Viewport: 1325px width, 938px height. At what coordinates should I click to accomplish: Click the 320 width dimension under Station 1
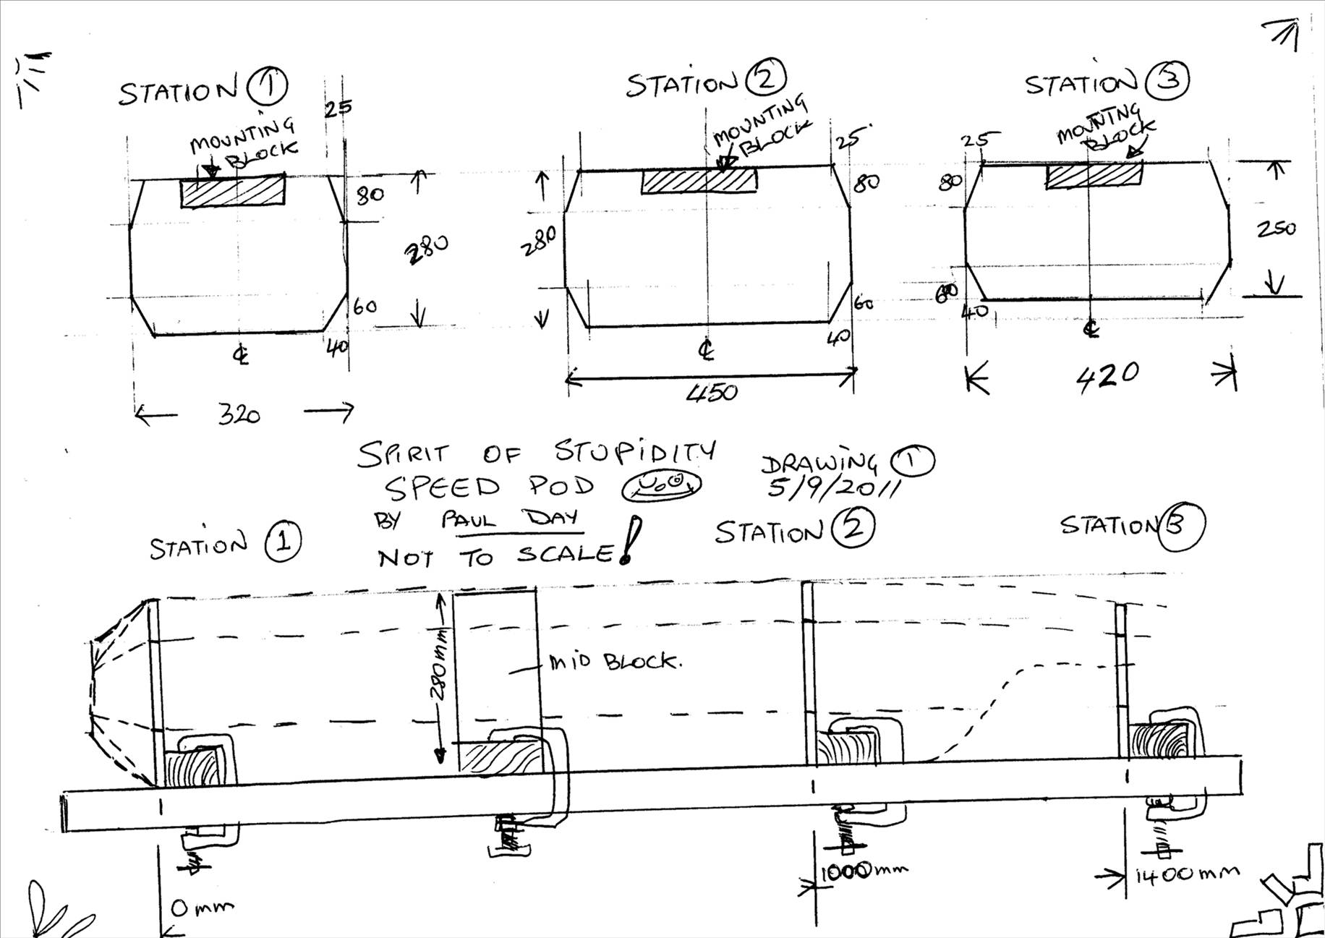(x=239, y=415)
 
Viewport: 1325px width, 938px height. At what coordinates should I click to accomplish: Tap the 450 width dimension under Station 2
(x=712, y=393)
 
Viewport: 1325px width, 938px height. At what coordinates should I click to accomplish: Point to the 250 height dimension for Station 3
(x=1276, y=229)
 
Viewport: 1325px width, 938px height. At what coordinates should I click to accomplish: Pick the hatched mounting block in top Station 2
(x=699, y=182)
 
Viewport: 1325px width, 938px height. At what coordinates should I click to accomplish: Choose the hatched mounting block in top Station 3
(x=1094, y=176)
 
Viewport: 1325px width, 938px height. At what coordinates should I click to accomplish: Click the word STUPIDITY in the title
(x=634, y=453)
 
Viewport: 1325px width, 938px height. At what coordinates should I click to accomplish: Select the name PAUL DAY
(x=509, y=519)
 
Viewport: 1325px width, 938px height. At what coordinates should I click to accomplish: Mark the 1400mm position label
(x=1186, y=875)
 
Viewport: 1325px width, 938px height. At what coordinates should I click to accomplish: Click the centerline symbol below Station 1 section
(x=241, y=355)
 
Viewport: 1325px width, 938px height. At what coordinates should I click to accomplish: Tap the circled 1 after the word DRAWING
(x=912, y=460)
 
